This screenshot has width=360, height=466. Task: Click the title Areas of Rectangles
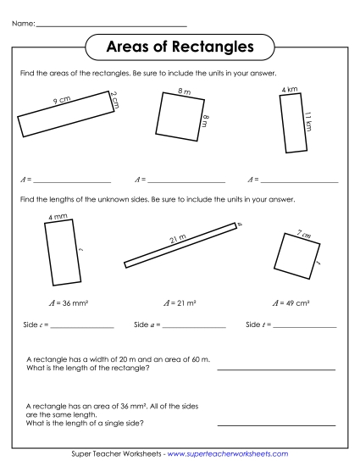coord(180,47)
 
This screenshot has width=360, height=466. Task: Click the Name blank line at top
coord(111,25)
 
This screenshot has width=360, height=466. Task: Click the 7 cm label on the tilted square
coord(301,235)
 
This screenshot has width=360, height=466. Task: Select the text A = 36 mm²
coord(64,302)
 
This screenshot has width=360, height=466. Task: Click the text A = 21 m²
coord(179,302)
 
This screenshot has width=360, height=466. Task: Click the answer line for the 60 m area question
coord(276,370)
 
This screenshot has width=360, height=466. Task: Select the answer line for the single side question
coord(276,424)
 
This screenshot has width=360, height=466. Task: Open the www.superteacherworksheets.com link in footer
coord(228,455)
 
